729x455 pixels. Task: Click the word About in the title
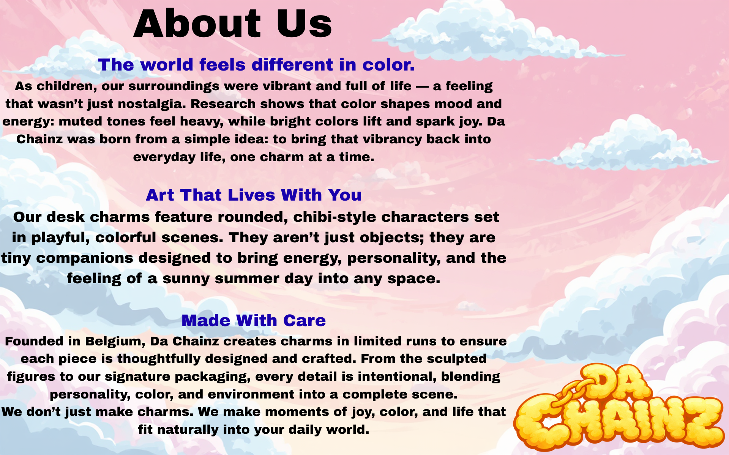coord(197,24)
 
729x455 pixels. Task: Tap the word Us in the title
coord(304,24)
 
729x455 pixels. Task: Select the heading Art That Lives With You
coord(254,195)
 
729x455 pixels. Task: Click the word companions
coord(85,258)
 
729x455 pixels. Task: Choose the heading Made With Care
coord(254,320)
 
